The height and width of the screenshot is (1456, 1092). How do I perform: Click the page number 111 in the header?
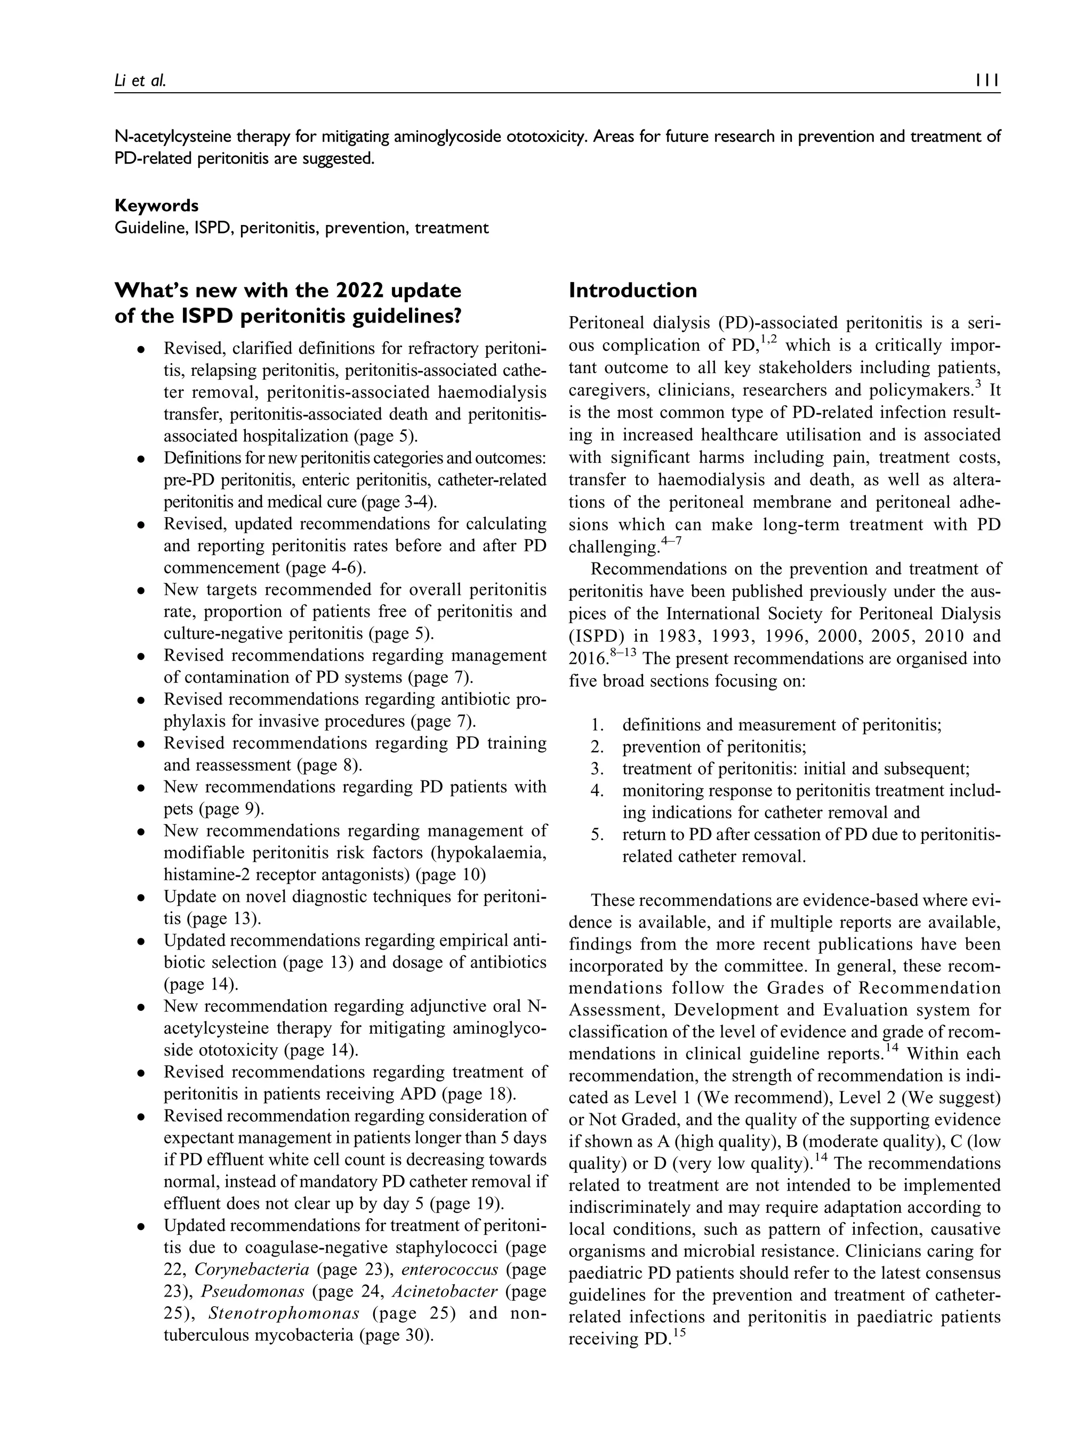point(987,81)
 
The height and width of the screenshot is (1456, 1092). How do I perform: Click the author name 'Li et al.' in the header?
point(140,81)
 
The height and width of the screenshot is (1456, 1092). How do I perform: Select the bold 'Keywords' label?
point(156,205)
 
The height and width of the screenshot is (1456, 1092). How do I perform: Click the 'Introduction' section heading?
point(632,290)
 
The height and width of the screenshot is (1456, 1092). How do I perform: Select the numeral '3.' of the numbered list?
point(597,769)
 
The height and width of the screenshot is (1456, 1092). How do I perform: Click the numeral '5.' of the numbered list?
point(597,835)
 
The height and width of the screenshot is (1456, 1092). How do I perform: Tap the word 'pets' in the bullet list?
point(178,809)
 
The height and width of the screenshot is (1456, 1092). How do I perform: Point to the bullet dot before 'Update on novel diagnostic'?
point(140,898)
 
